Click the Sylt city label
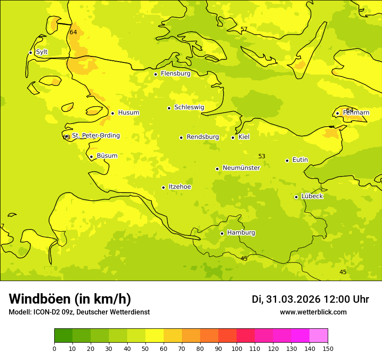[x=42, y=52]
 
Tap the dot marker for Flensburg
[x=155, y=74]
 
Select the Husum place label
[x=128, y=113]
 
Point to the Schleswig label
[x=189, y=107]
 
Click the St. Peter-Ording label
[x=95, y=136]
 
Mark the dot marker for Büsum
[x=91, y=157]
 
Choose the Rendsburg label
[x=203, y=137]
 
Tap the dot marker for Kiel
[x=233, y=137]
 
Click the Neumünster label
[x=241, y=168]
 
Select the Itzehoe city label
[x=180, y=187]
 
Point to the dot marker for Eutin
[x=287, y=160]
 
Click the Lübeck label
[x=312, y=196]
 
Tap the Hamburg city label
[x=241, y=233]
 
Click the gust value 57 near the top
[x=244, y=29]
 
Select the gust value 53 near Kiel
[x=262, y=157]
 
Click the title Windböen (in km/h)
[x=70, y=299]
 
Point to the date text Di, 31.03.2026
[x=286, y=299]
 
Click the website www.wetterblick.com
[x=313, y=312]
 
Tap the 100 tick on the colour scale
[x=237, y=348]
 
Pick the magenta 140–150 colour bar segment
[x=319, y=335]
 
